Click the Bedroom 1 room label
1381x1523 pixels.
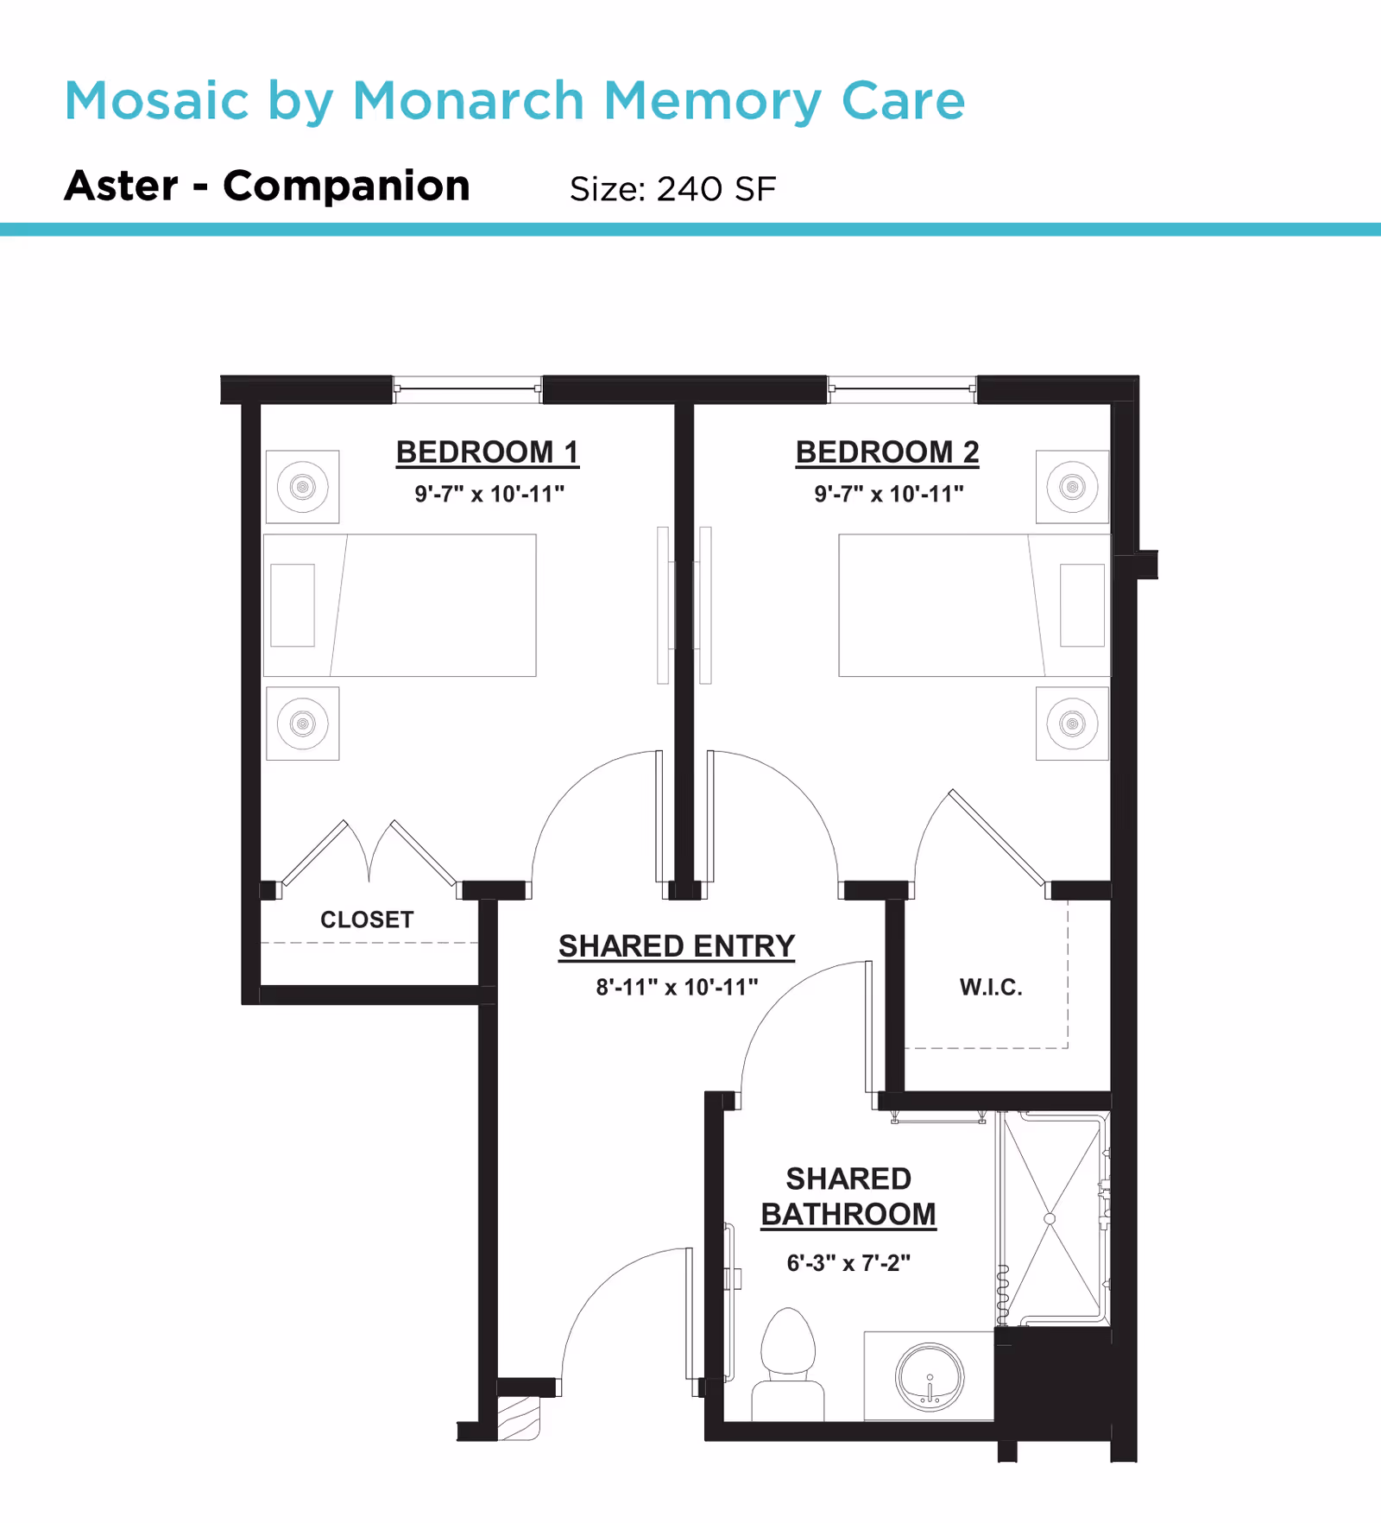(487, 452)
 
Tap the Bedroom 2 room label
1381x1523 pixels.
(887, 452)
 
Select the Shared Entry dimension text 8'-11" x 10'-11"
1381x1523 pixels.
(677, 987)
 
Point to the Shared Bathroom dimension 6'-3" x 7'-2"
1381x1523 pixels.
(848, 1263)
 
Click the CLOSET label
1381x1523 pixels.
(367, 919)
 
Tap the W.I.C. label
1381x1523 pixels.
(991, 987)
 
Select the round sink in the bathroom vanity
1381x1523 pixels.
(930, 1377)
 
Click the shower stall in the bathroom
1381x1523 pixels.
(1050, 1218)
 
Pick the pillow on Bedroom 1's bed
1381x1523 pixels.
(293, 605)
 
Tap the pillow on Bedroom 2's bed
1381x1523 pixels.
(1082, 605)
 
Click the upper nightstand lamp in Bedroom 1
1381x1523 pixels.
(302, 487)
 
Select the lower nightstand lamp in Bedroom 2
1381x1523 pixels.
(1072, 724)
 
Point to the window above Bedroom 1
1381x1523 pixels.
(468, 389)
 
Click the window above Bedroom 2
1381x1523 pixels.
(902, 389)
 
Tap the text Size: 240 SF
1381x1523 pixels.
(672, 189)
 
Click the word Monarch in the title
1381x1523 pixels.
(469, 101)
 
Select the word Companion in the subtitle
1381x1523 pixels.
(346, 186)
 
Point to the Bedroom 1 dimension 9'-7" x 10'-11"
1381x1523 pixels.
(489, 494)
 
